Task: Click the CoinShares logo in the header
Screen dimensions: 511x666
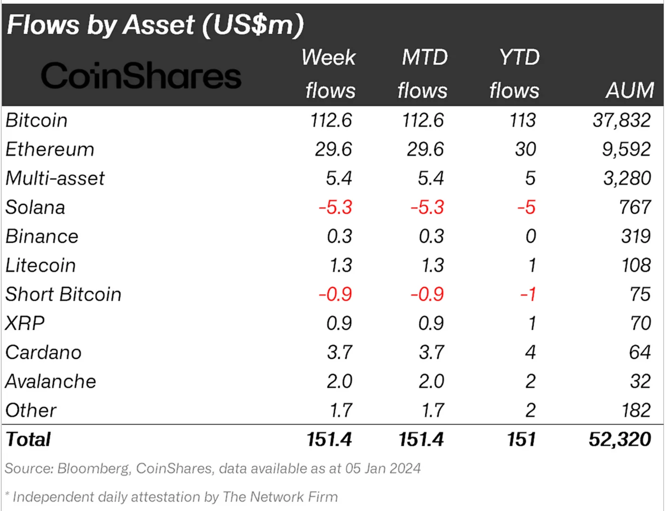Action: click(141, 76)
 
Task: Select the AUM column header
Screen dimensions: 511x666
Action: click(630, 91)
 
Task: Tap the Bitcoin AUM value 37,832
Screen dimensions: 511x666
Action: click(621, 120)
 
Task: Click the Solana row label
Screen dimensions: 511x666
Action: click(35, 208)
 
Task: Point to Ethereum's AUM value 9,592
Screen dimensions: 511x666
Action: click(626, 149)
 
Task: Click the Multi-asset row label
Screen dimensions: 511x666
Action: click(55, 178)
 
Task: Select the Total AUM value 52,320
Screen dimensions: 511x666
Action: click(619, 440)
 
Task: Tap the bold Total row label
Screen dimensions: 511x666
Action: click(28, 440)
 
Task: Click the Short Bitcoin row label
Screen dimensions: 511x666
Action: click(63, 295)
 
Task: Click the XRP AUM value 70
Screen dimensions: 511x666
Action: click(640, 323)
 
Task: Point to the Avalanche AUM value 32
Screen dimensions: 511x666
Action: click(640, 381)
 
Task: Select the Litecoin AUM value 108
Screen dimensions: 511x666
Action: click(635, 266)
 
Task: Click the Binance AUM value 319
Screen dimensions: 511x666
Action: click(635, 237)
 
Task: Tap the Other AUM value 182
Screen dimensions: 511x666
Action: click(635, 410)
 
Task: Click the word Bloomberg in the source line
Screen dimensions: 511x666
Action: click(93, 469)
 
